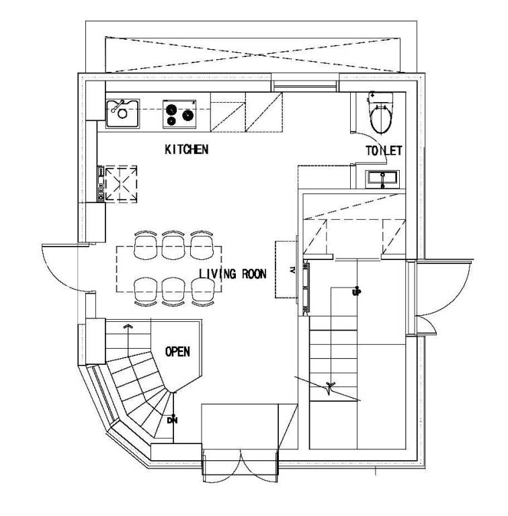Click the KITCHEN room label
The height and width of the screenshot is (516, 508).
[x=187, y=149]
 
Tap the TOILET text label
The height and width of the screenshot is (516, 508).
[x=384, y=150]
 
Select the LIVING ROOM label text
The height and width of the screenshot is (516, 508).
[x=232, y=274]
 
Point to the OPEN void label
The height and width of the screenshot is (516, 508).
[x=177, y=351]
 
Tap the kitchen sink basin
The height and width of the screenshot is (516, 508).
[x=122, y=113]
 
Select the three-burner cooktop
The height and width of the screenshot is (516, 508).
[x=179, y=114]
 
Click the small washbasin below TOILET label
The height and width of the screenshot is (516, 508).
[x=382, y=179]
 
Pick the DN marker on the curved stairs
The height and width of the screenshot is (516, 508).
[x=172, y=420]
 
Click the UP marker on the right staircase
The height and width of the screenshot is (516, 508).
[x=356, y=292]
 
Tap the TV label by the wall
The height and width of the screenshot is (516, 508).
[x=292, y=270]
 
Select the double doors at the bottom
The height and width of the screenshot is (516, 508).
[x=240, y=465]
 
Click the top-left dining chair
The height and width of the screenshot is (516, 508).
[x=145, y=245]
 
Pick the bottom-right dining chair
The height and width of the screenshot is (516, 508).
[x=203, y=292]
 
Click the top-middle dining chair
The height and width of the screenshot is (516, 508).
[x=173, y=245]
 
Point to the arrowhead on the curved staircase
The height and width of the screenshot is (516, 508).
[x=128, y=326]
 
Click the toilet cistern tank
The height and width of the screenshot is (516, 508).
[x=380, y=97]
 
